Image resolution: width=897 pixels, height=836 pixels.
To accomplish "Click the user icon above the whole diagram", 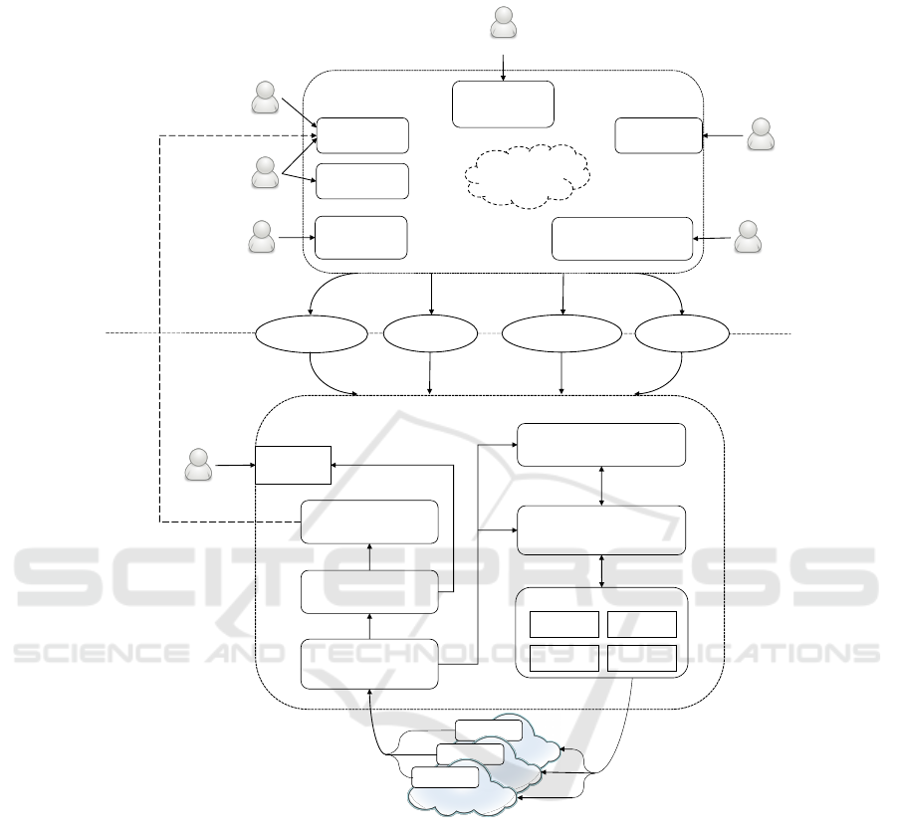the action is click(x=505, y=23).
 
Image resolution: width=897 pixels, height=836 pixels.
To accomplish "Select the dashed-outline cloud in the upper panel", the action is click(x=524, y=176).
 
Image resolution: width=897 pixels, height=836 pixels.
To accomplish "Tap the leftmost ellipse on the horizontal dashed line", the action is click(x=311, y=334).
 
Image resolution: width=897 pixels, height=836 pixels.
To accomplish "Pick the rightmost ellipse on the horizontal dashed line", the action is click(x=682, y=334).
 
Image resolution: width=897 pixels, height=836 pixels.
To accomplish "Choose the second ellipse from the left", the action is click(x=429, y=334).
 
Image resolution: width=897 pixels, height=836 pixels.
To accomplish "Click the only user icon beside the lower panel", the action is click(x=199, y=464).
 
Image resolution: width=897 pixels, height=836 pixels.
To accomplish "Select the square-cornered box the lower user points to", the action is click(x=293, y=464).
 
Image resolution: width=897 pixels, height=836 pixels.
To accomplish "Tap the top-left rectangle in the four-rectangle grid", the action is click(x=563, y=624).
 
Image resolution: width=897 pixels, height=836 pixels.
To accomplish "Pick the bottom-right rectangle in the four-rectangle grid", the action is click(x=641, y=658).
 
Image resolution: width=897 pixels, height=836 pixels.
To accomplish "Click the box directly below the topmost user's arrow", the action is click(x=503, y=104).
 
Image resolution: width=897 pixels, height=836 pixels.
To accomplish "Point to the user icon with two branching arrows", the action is click(x=265, y=172).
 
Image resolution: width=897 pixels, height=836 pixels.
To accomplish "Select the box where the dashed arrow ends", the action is click(x=362, y=135).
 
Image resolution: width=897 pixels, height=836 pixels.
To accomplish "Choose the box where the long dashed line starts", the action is click(x=369, y=522).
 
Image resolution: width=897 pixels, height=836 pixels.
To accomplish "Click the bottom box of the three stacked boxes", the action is click(x=369, y=663).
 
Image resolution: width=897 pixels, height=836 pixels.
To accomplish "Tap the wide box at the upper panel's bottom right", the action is click(x=621, y=238).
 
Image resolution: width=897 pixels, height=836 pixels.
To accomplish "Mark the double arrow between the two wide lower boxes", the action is click(x=601, y=486).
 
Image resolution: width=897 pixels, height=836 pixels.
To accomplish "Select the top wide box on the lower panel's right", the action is click(x=601, y=444).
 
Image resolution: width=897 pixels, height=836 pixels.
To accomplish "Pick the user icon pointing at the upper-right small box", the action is click(x=761, y=134).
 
